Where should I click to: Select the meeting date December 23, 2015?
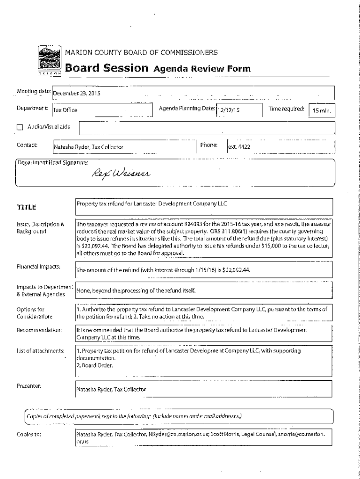pyautogui.click(x=77, y=93)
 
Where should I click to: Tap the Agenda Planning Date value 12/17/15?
pyautogui.click(x=228, y=110)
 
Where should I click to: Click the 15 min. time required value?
pyautogui.click(x=322, y=111)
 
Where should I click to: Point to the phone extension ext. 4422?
pyautogui.click(x=239, y=146)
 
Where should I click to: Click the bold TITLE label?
pyautogui.click(x=27, y=207)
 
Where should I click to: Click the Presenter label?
pyautogui.click(x=29, y=386)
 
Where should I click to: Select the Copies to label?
pyautogui.click(x=29, y=434)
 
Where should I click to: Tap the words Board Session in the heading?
pyautogui.click(x=107, y=68)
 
